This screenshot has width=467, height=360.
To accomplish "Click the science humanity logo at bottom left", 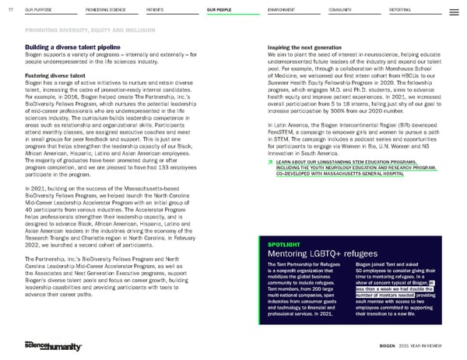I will click(x=47, y=344).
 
